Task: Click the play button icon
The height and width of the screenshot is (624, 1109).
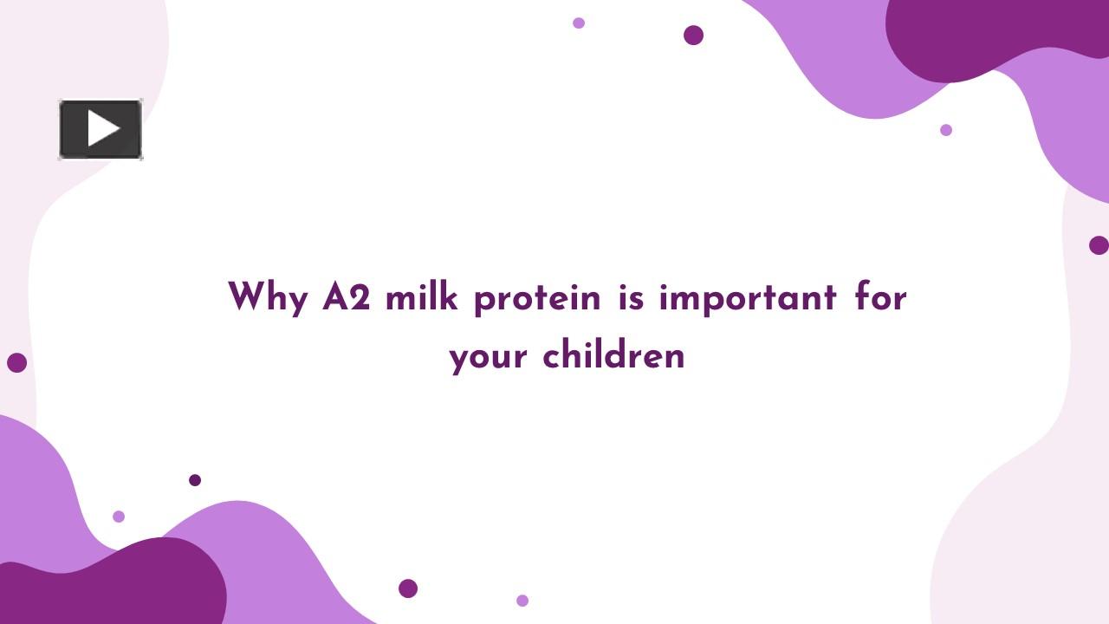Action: [x=101, y=129]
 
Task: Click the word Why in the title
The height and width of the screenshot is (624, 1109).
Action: [x=268, y=298]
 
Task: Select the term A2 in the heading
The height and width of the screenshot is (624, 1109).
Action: [x=346, y=297]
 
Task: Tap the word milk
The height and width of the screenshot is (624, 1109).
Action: [x=422, y=297]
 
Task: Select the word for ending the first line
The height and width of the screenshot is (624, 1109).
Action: [x=880, y=297]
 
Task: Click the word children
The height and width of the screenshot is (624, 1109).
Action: [x=613, y=356]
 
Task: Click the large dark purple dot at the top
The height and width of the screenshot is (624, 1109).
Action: [x=693, y=35]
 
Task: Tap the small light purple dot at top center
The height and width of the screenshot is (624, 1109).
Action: [x=579, y=23]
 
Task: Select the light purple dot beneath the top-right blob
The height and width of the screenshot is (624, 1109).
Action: [x=946, y=130]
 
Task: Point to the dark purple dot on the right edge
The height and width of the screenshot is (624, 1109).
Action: [x=1099, y=245]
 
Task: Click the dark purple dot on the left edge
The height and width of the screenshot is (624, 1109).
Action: [x=16, y=362]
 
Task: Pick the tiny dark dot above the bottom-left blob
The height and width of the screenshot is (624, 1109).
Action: [x=195, y=480]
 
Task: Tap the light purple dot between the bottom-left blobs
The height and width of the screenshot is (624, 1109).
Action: [x=119, y=517]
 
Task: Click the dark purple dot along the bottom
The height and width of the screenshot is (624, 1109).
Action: [x=408, y=588]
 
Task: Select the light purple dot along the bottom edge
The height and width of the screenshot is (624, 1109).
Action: [x=522, y=601]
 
